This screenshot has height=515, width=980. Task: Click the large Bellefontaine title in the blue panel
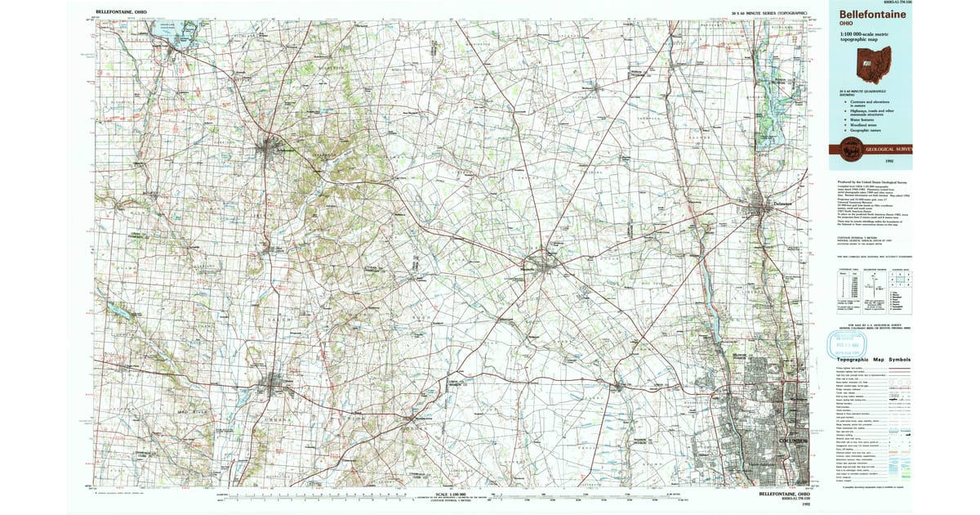[x=869, y=14]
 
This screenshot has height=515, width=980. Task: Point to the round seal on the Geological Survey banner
[x=850, y=150]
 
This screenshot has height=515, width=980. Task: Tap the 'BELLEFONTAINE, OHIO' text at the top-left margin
[x=123, y=14]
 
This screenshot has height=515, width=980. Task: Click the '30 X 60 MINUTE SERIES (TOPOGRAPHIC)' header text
[x=769, y=14]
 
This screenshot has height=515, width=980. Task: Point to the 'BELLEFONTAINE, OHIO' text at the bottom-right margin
[x=780, y=494]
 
